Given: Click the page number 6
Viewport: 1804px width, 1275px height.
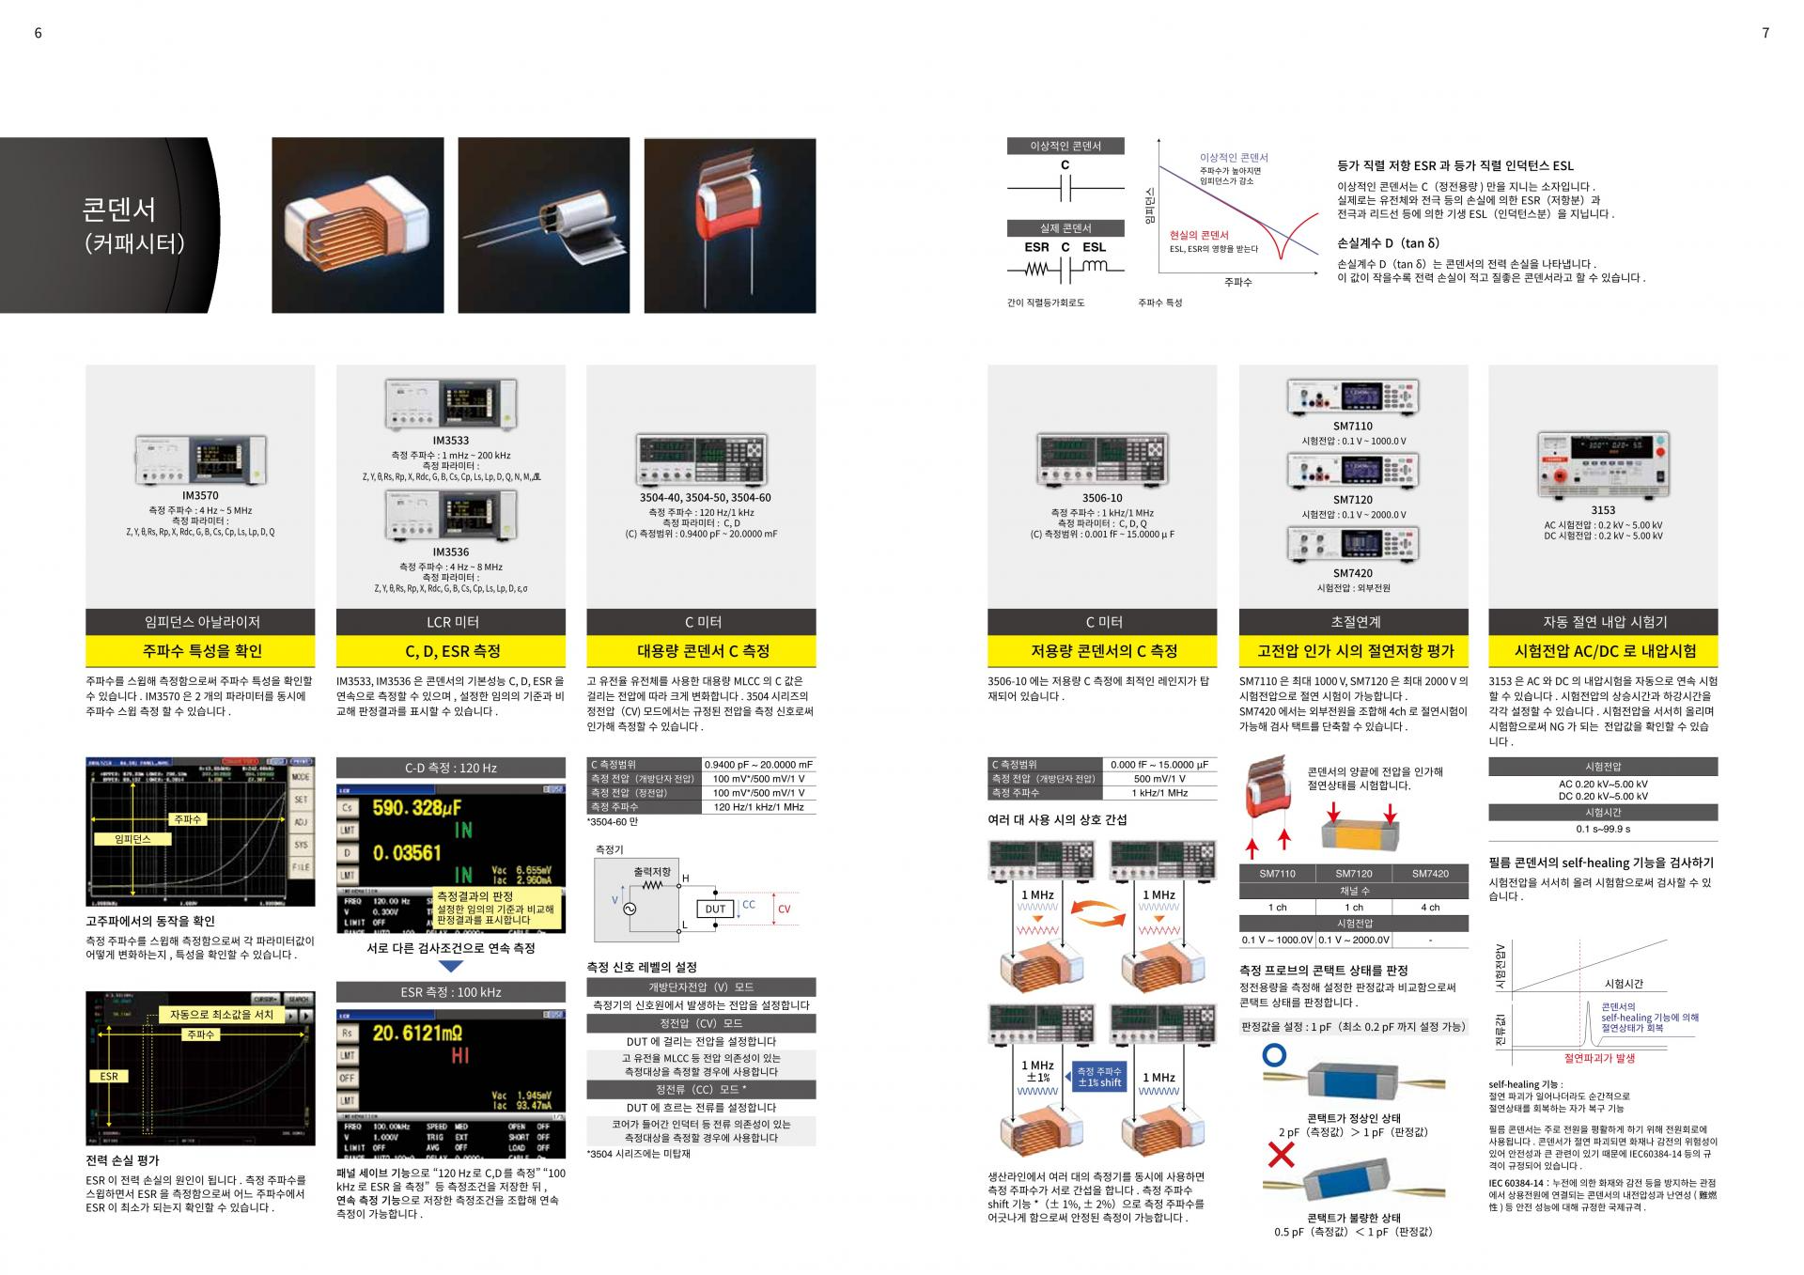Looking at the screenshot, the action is click(38, 33).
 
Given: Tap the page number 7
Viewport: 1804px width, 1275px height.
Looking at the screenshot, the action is click(1765, 33).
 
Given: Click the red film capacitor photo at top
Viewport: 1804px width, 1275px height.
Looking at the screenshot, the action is click(729, 225).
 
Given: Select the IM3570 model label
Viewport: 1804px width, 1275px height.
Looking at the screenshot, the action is click(200, 495).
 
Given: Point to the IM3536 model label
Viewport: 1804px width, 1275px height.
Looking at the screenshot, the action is click(451, 552).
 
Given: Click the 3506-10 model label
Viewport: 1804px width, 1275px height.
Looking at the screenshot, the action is click(1101, 498).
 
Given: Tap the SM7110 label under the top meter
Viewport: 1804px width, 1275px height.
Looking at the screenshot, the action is click(1352, 426).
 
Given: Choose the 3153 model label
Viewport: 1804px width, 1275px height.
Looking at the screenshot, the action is click(1603, 510).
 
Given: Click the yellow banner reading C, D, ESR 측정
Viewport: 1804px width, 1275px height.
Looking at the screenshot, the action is click(451, 651).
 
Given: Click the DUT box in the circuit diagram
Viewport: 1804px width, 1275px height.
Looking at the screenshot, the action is click(716, 909).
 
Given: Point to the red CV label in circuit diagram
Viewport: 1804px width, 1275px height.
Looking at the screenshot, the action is click(785, 909).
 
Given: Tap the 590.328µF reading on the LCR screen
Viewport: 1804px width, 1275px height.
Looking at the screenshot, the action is click(417, 808).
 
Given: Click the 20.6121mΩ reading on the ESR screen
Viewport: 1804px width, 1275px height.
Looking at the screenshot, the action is click(418, 1034).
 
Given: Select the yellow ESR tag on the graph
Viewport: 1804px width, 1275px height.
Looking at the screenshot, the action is click(109, 1076).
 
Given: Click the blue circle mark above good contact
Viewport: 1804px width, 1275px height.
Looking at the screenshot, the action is click(1274, 1055).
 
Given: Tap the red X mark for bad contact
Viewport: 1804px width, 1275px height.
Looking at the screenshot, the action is click(1281, 1155).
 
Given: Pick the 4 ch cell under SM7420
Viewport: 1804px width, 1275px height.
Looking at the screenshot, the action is click(1429, 907).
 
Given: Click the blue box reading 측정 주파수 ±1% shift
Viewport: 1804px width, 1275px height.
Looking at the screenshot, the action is click(1099, 1077).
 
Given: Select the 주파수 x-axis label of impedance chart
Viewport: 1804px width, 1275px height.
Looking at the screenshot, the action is click(1237, 282).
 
